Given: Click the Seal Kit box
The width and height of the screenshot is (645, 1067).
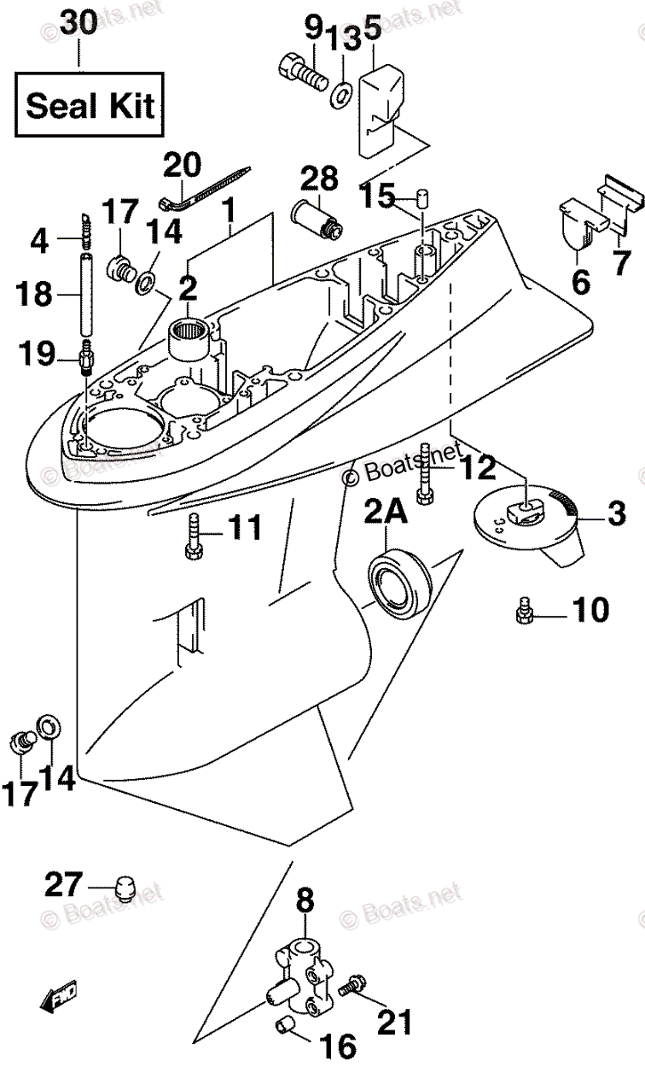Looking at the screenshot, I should click(x=88, y=106).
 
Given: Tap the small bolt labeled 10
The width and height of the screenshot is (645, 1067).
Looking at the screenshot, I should click(x=525, y=612).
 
